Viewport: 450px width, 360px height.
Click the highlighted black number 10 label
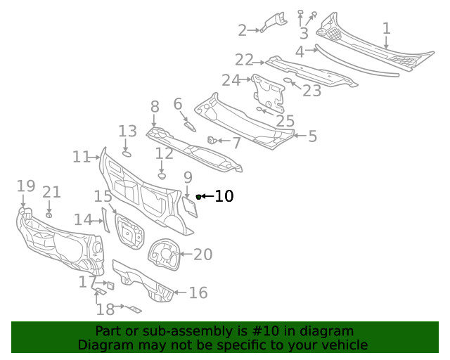point(224,196)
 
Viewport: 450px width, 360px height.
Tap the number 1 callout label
point(386,29)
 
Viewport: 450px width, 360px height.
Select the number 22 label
point(244,60)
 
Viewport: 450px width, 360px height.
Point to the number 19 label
point(26,186)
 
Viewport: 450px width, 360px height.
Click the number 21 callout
point(51,193)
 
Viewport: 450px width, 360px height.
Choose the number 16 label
point(198,292)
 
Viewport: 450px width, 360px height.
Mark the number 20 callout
point(202,255)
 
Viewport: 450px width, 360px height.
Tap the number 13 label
point(127,131)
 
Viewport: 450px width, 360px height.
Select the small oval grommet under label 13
point(127,153)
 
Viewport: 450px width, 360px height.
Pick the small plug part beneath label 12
point(161,176)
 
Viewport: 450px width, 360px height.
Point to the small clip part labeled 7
point(210,141)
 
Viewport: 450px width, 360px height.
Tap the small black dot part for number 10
point(198,196)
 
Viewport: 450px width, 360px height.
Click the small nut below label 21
point(49,214)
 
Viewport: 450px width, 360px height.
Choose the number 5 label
point(312,136)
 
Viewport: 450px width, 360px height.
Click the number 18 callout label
point(105,309)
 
